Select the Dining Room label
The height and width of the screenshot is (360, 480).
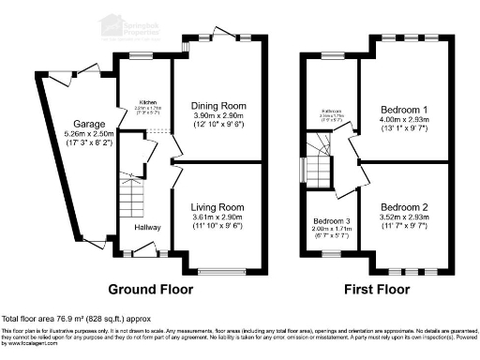217,106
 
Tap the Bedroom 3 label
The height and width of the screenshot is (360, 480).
331,222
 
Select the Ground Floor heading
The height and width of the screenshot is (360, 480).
152,289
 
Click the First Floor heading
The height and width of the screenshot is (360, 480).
378,289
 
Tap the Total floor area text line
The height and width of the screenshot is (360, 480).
75,320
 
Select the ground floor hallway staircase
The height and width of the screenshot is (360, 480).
132,196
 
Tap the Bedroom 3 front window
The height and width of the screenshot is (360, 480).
330,253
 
